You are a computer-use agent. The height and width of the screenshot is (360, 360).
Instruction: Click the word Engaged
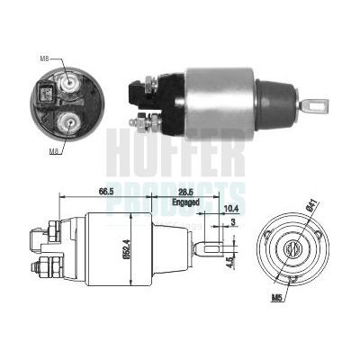tap(185, 202)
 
